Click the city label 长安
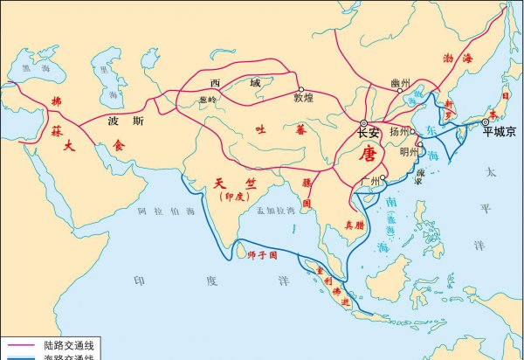tap(369, 135)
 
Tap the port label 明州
tap(408, 152)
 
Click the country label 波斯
tap(120, 122)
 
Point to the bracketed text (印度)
tap(231, 198)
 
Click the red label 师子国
tap(262, 255)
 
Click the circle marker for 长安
tap(364, 123)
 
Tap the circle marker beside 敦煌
tap(301, 89)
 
